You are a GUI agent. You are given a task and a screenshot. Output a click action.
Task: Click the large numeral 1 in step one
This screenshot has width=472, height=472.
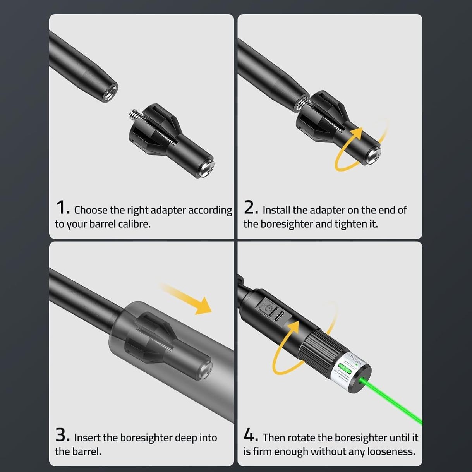pos(61,208)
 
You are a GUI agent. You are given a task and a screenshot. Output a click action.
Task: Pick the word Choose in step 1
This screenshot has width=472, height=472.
pos(91,210)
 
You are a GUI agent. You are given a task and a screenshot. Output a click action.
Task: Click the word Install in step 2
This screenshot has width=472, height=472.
pos(276,210)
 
